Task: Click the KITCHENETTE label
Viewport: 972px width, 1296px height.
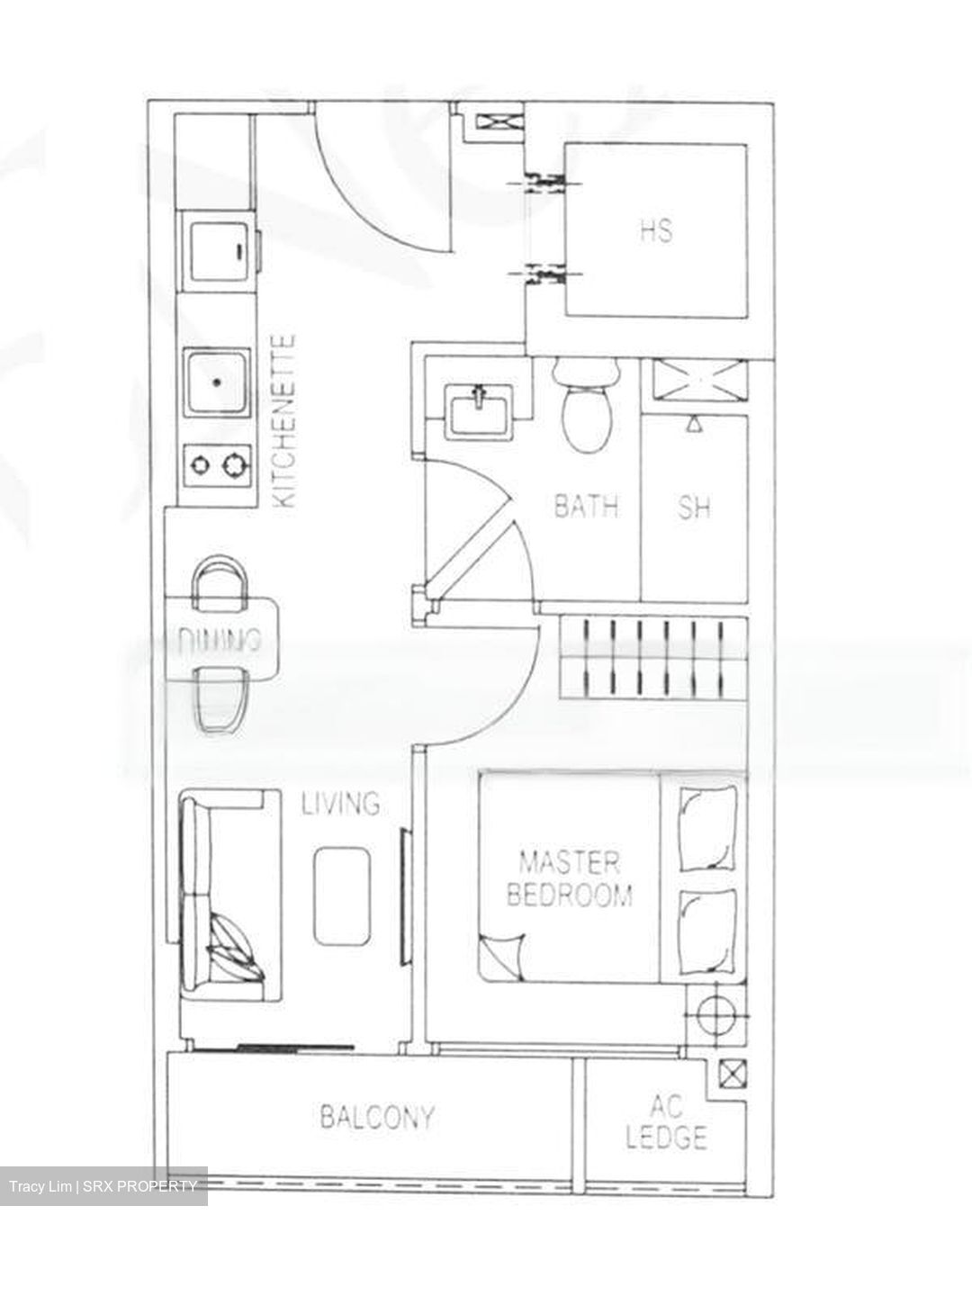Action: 285,421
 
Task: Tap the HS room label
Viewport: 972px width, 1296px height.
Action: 657,230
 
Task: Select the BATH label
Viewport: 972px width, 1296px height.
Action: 587,506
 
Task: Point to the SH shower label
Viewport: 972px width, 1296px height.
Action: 694,508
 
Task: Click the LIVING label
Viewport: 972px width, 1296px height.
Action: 340,804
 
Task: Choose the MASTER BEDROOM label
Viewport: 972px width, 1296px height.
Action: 570,879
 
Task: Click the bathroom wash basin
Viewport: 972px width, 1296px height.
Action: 478,411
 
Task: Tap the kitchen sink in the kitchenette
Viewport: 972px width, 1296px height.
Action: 217,382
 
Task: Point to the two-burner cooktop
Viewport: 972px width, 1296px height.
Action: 217,466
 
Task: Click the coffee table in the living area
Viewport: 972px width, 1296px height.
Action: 342,896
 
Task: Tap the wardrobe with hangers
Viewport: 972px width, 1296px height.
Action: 653,659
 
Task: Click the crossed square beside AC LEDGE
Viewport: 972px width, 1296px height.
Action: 733,1073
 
